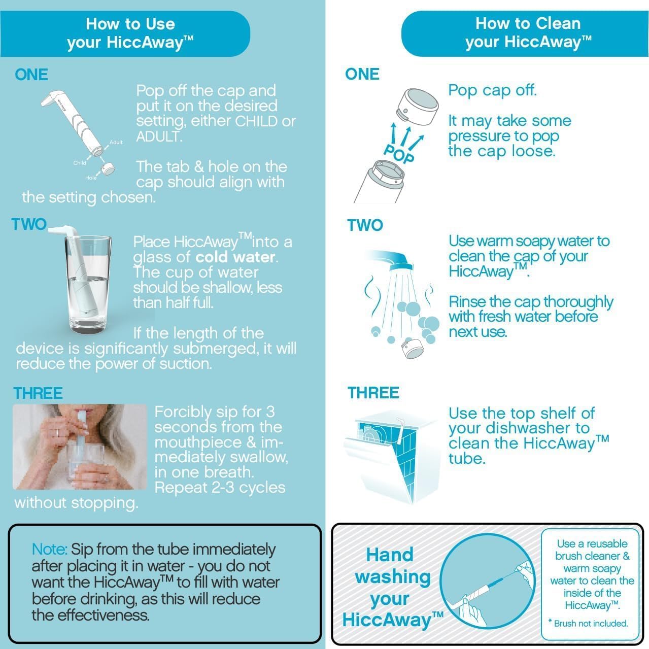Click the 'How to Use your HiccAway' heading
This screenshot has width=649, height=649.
click(x=130, y=33)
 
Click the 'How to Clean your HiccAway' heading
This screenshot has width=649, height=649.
click(x=528, y=32)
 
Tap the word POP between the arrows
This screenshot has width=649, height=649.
click(x=399, y=153)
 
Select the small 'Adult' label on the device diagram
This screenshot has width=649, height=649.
click(x=116, y=143)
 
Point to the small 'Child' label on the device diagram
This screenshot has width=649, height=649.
click(x=80, y=163)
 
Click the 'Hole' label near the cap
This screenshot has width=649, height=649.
click(x=91, y=178)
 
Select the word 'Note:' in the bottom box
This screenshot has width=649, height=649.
click(x=49, y=550)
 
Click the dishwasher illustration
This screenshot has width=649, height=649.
click(x=391, y=457)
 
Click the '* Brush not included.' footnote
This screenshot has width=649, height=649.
click(x=588, y=624)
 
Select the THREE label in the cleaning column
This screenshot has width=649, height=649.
click(x=373, y=393)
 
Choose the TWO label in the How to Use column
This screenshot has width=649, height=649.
click(x=29, y=224)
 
